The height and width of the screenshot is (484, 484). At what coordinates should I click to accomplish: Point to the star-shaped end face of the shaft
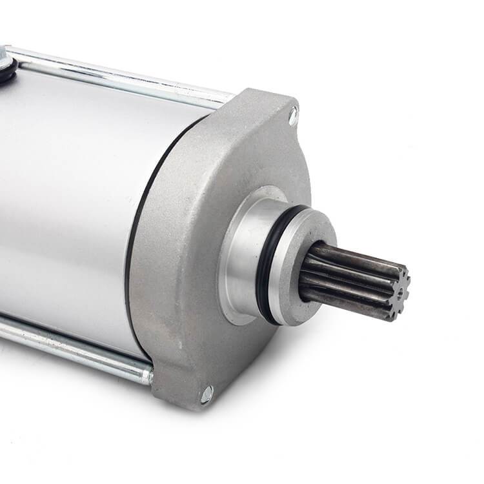tap(398, 292)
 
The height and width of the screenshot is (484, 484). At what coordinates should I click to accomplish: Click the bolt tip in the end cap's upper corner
tap(293, 116)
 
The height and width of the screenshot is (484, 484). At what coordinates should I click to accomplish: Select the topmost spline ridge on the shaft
tap(355, 251)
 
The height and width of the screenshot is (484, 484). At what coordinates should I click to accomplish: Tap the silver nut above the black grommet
tap(3, 57)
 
